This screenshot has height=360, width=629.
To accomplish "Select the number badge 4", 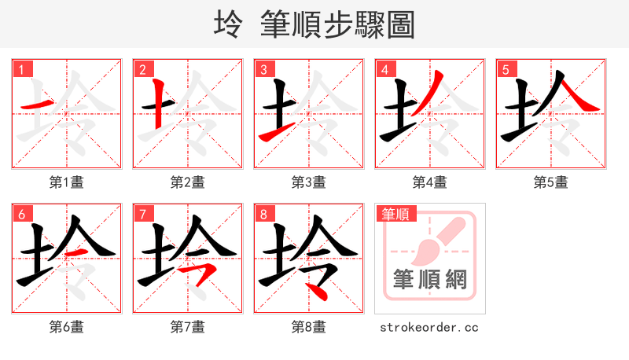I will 385,69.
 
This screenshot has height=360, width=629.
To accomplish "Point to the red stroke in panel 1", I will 37,105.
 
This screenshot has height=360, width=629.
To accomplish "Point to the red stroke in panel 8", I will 318,291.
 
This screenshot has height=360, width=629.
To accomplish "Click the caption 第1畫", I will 67,182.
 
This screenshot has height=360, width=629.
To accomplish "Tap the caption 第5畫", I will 550,182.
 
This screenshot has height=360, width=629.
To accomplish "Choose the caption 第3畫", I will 308,182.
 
